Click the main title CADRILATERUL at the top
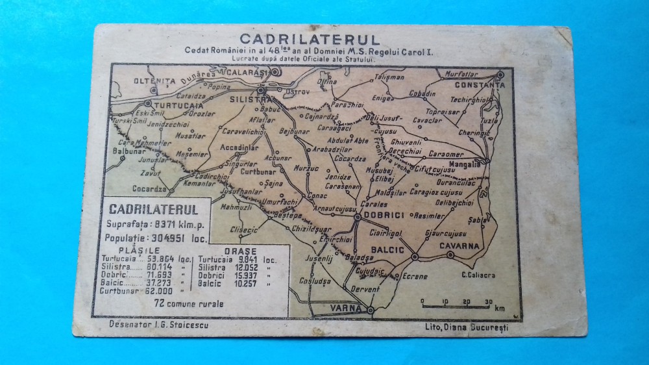click(310, 39)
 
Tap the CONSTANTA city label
click(479, 84)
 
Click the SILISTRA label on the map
click(249, 100)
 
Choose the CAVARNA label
click(459, 245)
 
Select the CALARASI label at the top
click(247, 72)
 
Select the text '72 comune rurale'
click(188, 302)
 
